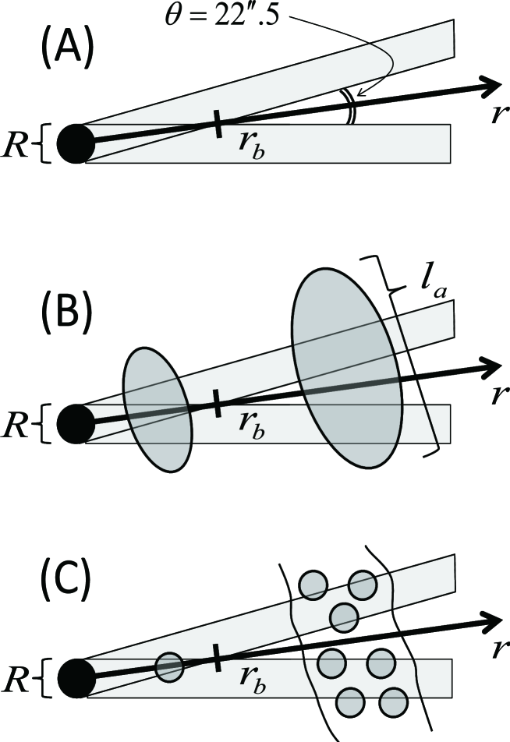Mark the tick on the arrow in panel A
pyautogui.click(x=216, y=123)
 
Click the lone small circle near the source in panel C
pyautogui.click(x=168, y=667)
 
